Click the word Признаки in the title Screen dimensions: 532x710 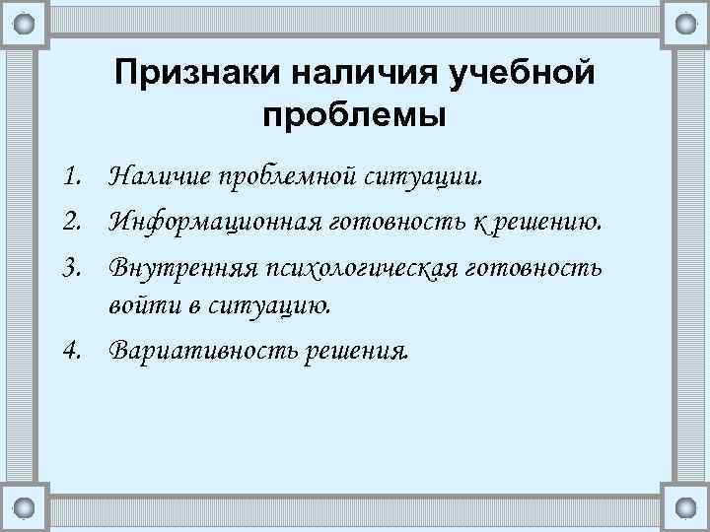click(196, 74)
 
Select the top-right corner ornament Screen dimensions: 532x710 click(686, 21)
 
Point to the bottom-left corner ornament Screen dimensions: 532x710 click(24, 507)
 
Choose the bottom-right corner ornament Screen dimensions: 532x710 click(686, 507)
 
